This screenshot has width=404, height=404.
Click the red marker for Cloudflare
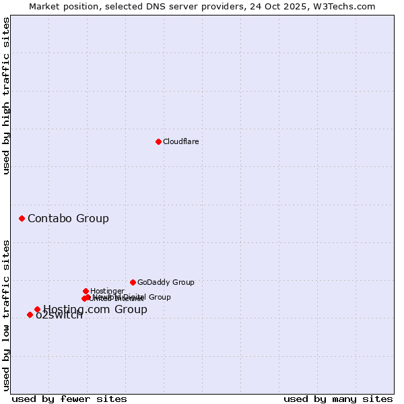click(158, 141)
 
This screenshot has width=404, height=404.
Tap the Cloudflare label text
click(180, 141)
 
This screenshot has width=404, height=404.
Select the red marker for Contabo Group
click(22, 218)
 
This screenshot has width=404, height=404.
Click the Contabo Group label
click(68, 218)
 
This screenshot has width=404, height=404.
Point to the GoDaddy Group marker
click(133, 282)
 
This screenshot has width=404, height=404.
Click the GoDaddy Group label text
click(166, 282)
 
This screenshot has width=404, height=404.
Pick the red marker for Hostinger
click(86, 291)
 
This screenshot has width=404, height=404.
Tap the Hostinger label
click(107, 291)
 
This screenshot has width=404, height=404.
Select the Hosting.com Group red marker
click(37, 309)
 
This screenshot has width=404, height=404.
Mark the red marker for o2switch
click(30, 314)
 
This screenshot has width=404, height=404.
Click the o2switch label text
click(60, 316)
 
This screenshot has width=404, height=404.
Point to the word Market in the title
click(45, 6)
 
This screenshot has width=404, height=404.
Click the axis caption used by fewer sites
click(69, 399)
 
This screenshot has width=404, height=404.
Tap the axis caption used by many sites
click(338, 399)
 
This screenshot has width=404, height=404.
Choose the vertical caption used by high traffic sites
click(6, 96)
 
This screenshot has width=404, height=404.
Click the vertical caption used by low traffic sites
click(6, 314)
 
